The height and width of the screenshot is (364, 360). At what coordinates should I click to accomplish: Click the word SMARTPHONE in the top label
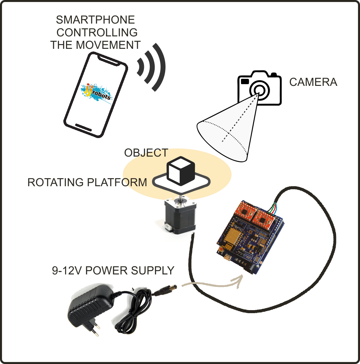coord(95,20)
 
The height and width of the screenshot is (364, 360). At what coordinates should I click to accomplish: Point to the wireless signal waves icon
coord(152,67)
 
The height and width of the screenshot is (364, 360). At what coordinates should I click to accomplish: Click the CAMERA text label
coord(313,82)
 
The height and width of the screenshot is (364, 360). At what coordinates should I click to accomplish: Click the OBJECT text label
coord(146,153)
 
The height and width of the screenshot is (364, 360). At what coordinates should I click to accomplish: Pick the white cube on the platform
coord(181,170)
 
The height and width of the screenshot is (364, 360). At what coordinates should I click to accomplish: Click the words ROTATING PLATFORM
coord(87,182)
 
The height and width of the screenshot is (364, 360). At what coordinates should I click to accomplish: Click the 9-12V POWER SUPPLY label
coord(113,270)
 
